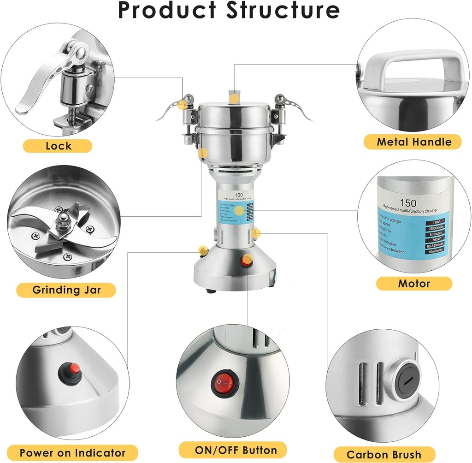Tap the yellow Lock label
click(58, 146)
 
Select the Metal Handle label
click(414, 142)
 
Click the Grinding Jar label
click(66, 290)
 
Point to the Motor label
click(414, 283)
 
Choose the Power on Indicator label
click(72, 452)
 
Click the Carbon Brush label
click(384, 454)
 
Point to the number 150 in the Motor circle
click(408, 203)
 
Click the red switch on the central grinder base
click(248, 262)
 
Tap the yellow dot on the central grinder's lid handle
click(235, 98)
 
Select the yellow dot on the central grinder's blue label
click(239, 211)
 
